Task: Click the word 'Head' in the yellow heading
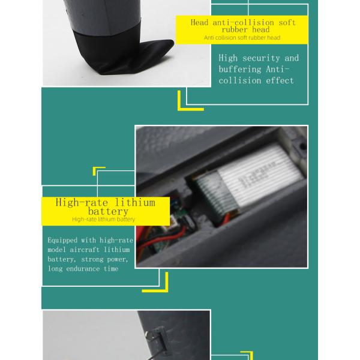[200, 23]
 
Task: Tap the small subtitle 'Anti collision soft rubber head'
[242, 38]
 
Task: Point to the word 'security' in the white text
[261, 58]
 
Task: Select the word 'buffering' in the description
[239, 70]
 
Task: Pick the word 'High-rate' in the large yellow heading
[82, 203]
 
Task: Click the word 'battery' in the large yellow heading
[108, 211]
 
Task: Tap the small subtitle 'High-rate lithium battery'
[103, 219]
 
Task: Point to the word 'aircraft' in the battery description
[85, 250]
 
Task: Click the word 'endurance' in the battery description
[83, 269]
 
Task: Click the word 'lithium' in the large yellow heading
[135, 203]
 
